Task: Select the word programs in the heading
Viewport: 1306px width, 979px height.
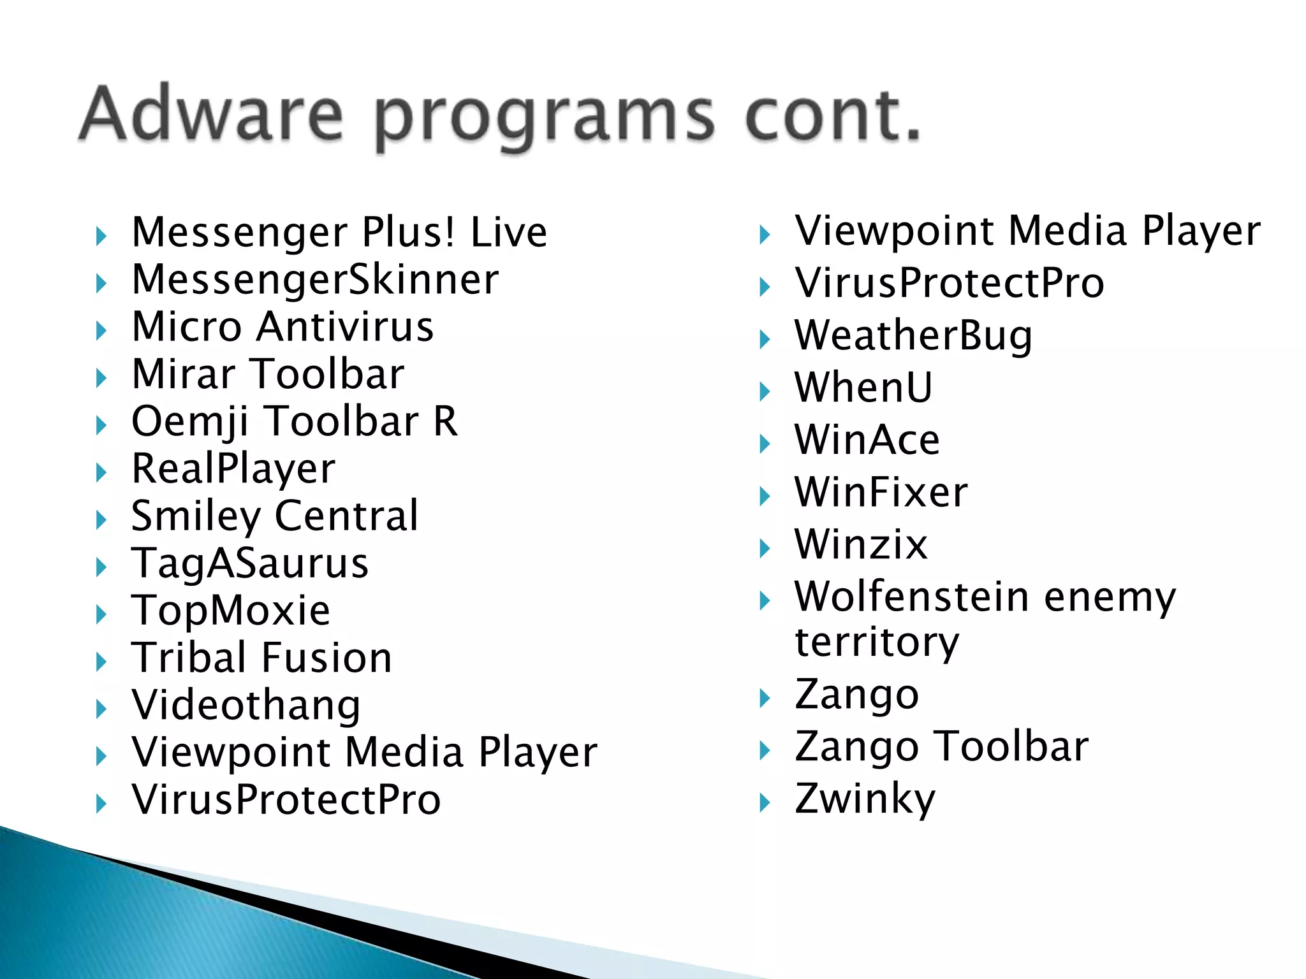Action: [x=544, y=118]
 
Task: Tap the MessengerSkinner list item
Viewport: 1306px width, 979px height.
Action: [x=315, y=280]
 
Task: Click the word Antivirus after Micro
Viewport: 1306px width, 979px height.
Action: [x=345, y=327]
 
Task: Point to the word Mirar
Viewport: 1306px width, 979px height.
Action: [x=182, y=374]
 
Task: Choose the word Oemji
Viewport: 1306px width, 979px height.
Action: [x=189, y=423]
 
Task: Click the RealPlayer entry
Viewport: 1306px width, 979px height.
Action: [x=233, y=469]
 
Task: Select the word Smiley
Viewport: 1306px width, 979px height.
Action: [x=194, y=517]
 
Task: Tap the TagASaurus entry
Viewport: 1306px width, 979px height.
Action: [x=250, y=564]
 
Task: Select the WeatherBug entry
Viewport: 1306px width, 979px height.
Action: [x=913, y=336]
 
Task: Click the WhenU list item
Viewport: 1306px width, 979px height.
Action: [x=863, y=388]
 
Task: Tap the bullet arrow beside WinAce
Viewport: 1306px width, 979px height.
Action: [x=765, y=444]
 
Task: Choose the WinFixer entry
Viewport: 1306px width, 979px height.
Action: [x=881, y=493]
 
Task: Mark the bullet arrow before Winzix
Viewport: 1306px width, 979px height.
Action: [x=765, y=548]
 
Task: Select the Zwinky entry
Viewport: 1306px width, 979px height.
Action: [x=865, y=799]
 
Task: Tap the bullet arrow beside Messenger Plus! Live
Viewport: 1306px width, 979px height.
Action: [x=101, y=236]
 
